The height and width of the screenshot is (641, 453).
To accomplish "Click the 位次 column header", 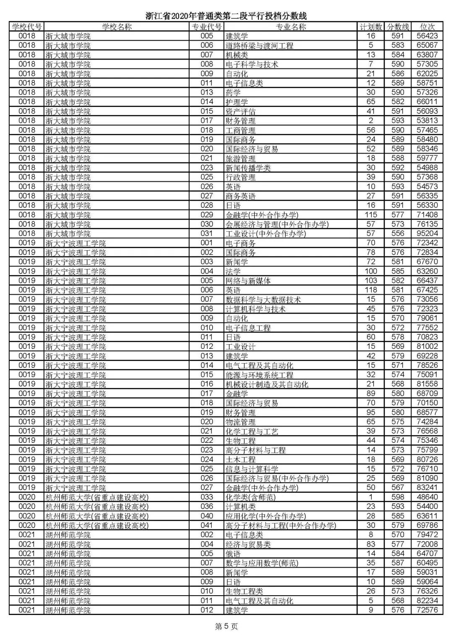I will tap(427, 26).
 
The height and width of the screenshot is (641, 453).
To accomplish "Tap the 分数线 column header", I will tap(397, 26).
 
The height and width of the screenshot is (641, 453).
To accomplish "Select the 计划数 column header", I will tap(371, 26).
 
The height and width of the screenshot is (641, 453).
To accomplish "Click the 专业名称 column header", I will tap(291, 26).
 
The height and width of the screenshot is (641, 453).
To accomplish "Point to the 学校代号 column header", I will tap(27, 26).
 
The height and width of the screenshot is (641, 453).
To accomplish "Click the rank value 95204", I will tap(427, 233).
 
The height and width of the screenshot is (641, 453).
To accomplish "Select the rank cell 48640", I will tap(427, 497).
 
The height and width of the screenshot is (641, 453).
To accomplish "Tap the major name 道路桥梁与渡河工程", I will tap(259, 45).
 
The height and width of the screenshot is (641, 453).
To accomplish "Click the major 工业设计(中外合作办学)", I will tap(266, 233).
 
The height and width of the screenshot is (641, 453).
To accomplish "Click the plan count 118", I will tap(371, 290).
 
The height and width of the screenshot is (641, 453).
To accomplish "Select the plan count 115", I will tap(371, 215).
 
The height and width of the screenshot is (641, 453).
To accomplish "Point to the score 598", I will tap(397, 497).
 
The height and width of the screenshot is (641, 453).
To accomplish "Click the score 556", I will tap(397, 233).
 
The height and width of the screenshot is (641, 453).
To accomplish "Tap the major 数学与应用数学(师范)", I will tap(262, 563).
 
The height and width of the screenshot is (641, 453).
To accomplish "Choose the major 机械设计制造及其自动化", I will tap(267, 384).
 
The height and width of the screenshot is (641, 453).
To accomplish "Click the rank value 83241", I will tap(427, 487).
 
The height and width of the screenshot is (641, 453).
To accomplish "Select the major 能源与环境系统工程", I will tap(259, 374).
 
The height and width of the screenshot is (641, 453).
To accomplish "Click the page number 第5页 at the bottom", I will tap(226, 627).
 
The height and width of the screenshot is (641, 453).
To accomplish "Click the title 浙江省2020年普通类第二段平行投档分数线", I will tap(226, 16).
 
